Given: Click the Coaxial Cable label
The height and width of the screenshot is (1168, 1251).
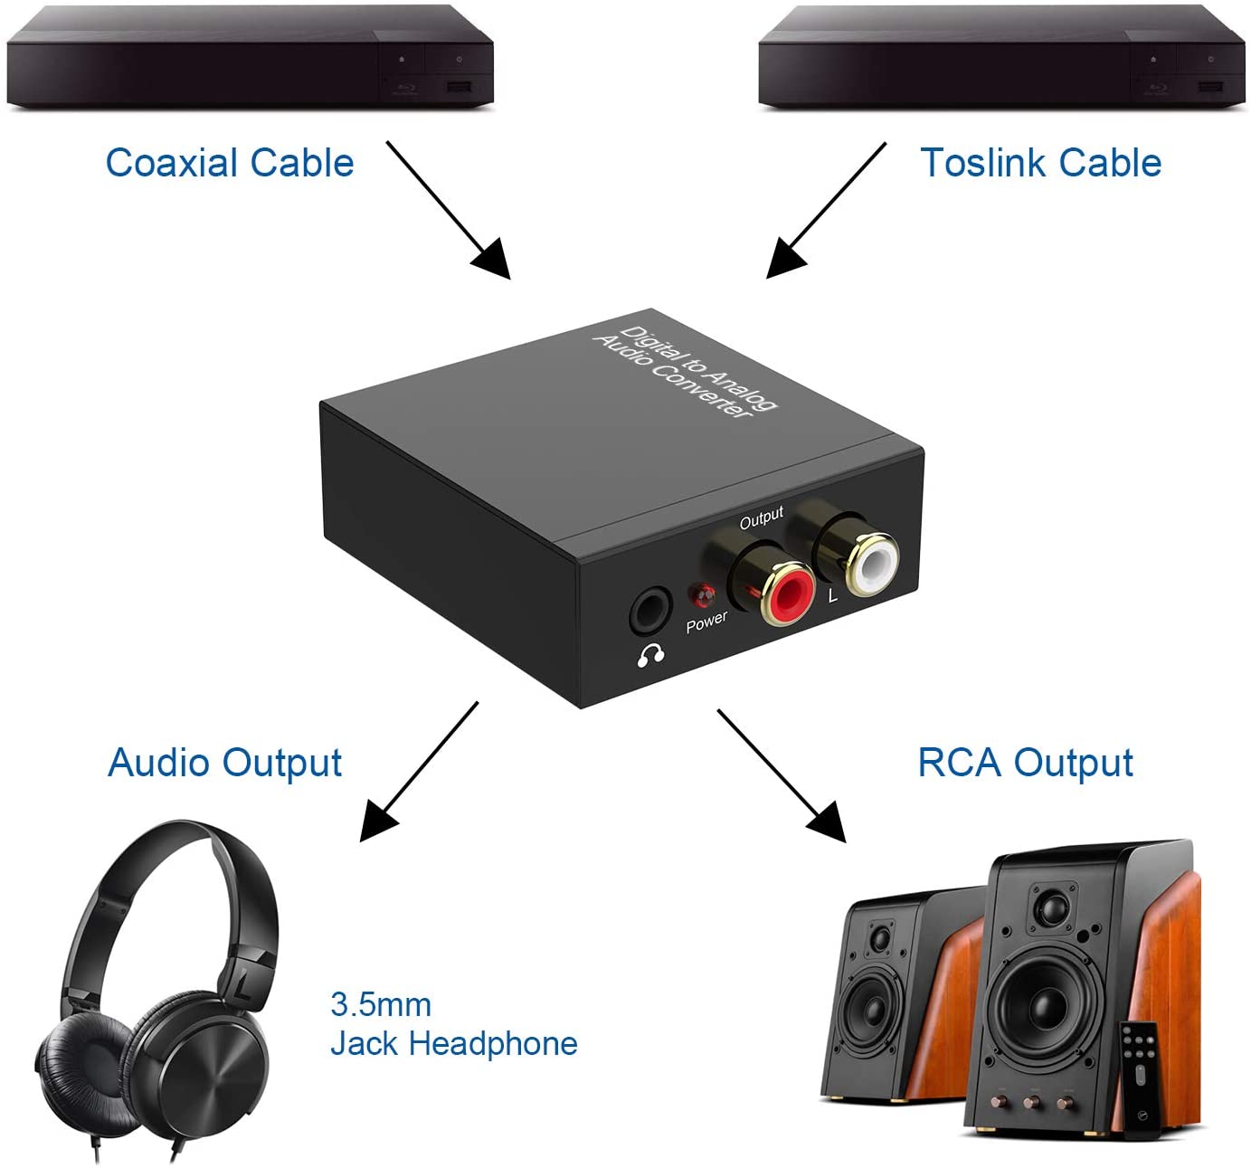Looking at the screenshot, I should tap(230, 163).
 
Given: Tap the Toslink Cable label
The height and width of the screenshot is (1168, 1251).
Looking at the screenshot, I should tap(1040, 163).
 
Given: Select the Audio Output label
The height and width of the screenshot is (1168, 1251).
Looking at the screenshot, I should tap(224, 763).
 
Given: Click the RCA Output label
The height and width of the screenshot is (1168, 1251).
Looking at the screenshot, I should tap(1025, 763).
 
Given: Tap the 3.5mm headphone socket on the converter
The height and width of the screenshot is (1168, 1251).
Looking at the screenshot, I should tap(650, 613).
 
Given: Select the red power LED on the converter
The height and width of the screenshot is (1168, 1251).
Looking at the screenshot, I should tap(703, 595).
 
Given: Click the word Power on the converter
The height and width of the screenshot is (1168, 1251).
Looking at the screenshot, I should tap(706, 622).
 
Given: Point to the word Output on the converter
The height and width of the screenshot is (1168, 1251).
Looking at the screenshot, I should tap(761, 518).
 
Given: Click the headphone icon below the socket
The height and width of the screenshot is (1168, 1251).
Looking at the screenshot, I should tap(650, 654).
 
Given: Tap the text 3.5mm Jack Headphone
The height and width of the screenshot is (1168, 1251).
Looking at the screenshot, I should tap(452, 1024).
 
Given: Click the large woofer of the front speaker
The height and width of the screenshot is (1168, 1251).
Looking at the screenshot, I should tap(1044, 1001).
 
